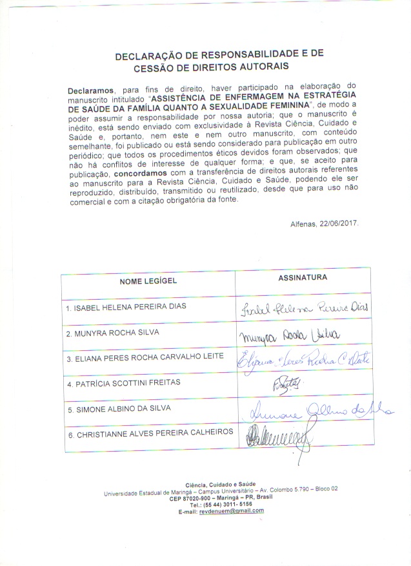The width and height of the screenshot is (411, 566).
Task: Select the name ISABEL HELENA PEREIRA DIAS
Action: click(126, 308)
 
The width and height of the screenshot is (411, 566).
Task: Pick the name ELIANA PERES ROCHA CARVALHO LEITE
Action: click(145, 357)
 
